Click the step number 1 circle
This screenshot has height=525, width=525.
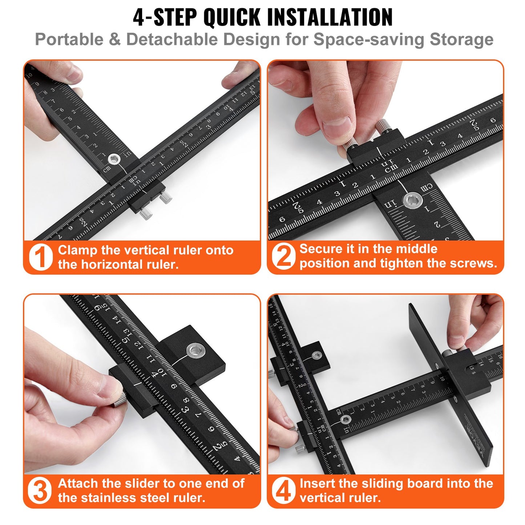(41, 257)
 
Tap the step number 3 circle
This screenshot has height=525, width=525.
(40, 490)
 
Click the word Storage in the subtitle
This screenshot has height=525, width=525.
(461, 39)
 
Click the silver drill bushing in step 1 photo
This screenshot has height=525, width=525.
(114, 159)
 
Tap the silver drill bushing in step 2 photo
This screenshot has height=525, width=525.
(412, 200)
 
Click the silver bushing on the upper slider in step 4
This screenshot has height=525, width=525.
(317, 355)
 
